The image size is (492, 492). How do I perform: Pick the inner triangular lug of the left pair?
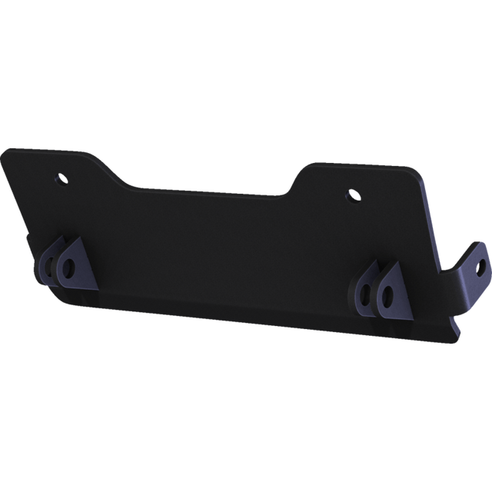pyautogui.click(x=75, y=265)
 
